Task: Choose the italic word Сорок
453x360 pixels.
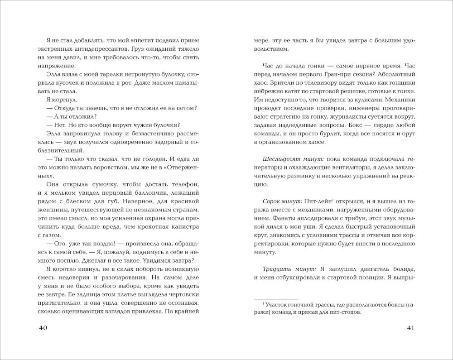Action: (x=271, y=201)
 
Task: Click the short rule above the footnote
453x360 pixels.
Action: (x=275, y=298)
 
